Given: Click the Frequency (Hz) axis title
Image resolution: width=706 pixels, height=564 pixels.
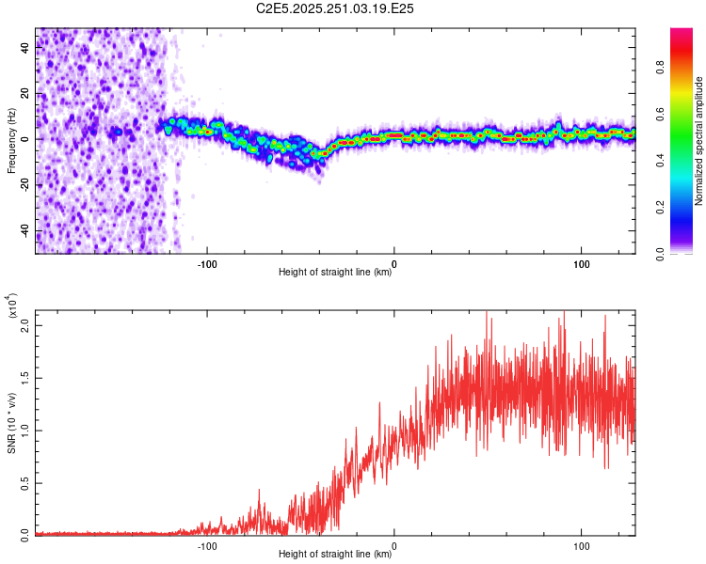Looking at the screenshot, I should [x=11, y=141].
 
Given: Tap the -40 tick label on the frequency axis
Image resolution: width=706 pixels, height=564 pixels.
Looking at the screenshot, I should [x=24, y=231].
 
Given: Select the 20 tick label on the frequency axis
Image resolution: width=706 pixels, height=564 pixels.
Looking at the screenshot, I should [x=24, y=93].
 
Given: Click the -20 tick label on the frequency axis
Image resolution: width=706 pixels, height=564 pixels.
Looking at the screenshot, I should [x=24, y=185].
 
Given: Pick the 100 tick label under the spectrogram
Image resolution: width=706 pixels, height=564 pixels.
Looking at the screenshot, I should [x=582, y=263].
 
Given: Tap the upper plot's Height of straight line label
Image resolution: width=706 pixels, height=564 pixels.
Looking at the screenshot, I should [x=335, y=273].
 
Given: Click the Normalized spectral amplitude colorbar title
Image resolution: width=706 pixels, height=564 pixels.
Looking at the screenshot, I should [x=699, y=141].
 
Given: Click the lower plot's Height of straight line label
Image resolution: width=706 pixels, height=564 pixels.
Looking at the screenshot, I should [x=335, y=555].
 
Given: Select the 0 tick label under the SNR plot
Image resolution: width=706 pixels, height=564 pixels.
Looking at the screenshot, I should [x=394, y=545].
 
